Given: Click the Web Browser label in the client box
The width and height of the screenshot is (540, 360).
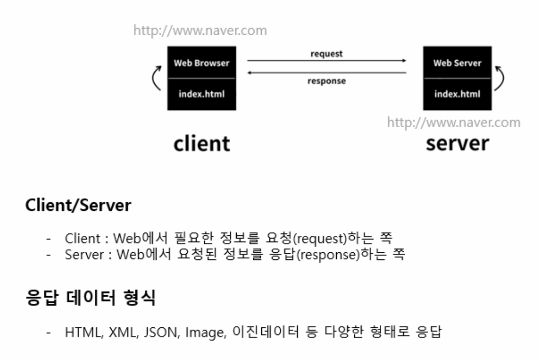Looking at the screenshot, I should click(202, 64).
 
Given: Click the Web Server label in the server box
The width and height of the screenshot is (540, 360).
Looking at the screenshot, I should click(457, 64).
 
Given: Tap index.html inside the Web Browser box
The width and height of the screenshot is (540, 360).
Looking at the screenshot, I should click(202, 94).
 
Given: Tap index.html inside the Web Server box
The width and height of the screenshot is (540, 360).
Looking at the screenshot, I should click(457, 94).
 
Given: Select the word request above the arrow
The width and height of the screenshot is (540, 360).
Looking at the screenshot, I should click(327, 53).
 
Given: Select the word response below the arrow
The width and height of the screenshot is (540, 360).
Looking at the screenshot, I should click(327, 81).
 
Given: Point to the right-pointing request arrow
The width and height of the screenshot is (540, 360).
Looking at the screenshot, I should click(327, 61).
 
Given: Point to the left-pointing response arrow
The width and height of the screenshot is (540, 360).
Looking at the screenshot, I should click(327, 73).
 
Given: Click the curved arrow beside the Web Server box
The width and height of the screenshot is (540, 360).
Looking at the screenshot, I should click(501, 79).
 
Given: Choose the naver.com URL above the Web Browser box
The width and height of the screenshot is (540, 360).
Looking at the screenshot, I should click(200, 31).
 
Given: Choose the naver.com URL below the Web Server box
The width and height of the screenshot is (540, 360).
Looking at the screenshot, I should click(454, 123).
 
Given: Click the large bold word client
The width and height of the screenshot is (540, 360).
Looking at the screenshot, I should click(202, 143).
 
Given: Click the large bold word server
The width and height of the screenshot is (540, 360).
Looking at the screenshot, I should click(457, 143).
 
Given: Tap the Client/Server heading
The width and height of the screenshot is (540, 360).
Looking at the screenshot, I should click(78, 207).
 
